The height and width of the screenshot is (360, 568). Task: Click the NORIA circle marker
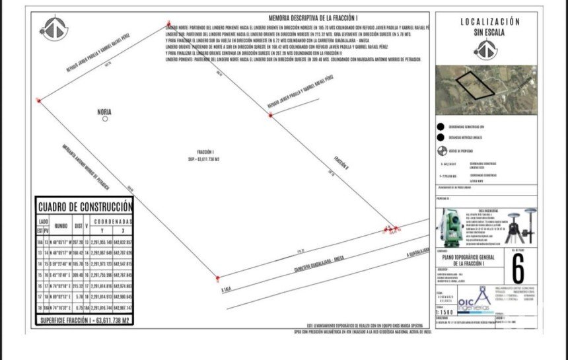pos(105,120)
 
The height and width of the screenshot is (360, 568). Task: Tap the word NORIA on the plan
pos(104,112)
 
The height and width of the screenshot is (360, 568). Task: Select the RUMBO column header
pos(61,225)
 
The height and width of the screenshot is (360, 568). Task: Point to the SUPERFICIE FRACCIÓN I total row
pos(84,320)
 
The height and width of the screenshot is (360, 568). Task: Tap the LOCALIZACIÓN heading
pos(489,22)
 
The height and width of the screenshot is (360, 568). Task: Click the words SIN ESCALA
pos(489,32)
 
